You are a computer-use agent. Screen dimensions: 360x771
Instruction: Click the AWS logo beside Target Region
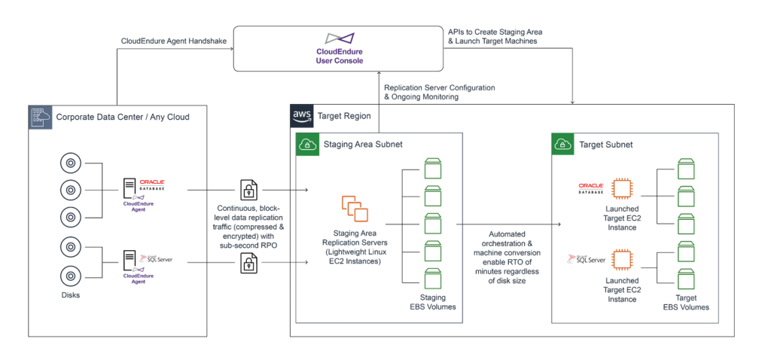coord(302,117)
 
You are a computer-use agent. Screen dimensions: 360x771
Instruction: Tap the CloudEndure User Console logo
coord(339,38)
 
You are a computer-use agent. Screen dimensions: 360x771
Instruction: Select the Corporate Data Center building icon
coord(41,117)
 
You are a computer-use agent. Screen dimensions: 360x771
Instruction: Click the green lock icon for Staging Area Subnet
coord(307,144)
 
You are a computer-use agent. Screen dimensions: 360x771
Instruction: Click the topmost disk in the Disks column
coord(71,163)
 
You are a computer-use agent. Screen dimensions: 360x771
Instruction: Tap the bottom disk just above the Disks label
coord(71,274)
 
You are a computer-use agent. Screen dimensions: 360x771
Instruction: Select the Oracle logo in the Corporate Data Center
coord(152,184)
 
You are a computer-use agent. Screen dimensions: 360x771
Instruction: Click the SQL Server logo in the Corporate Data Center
coord(156,258)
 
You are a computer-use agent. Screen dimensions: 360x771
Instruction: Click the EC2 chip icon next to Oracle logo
coord(622,188)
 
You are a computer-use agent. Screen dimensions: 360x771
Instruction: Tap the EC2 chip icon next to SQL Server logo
coord(622,260)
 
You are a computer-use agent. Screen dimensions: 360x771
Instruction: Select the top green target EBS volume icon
coord(685,169)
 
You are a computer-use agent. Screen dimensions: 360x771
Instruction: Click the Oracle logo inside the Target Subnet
coord(590,188)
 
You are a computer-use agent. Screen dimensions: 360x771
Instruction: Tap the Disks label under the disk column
coord(71,295)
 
